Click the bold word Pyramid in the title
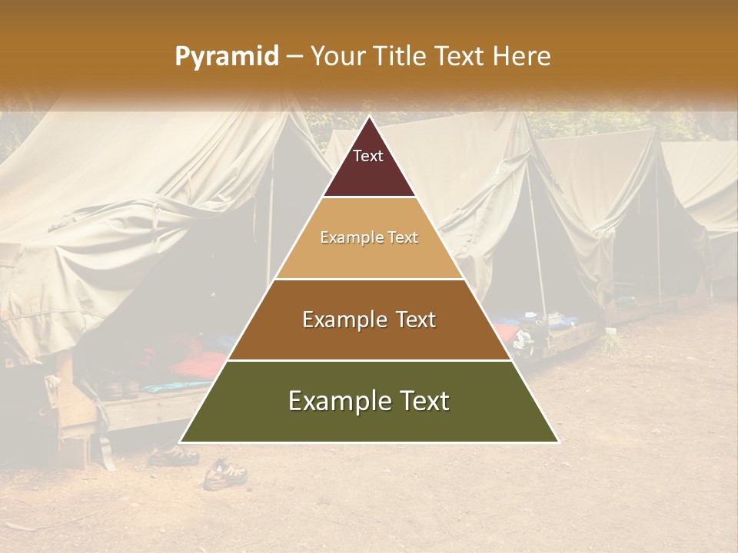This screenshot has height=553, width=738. click(227, 57)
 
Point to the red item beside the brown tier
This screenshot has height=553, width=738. click(505, 332)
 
